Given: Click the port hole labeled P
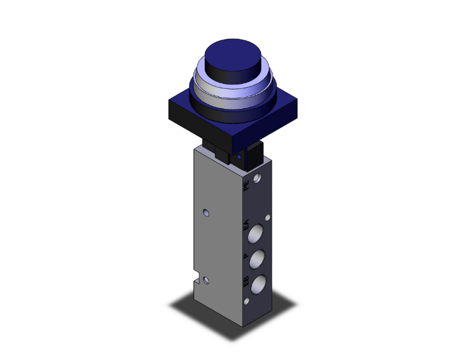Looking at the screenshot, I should (x=257, y=259).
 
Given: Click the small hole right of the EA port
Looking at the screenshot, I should (x=269, y=219).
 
